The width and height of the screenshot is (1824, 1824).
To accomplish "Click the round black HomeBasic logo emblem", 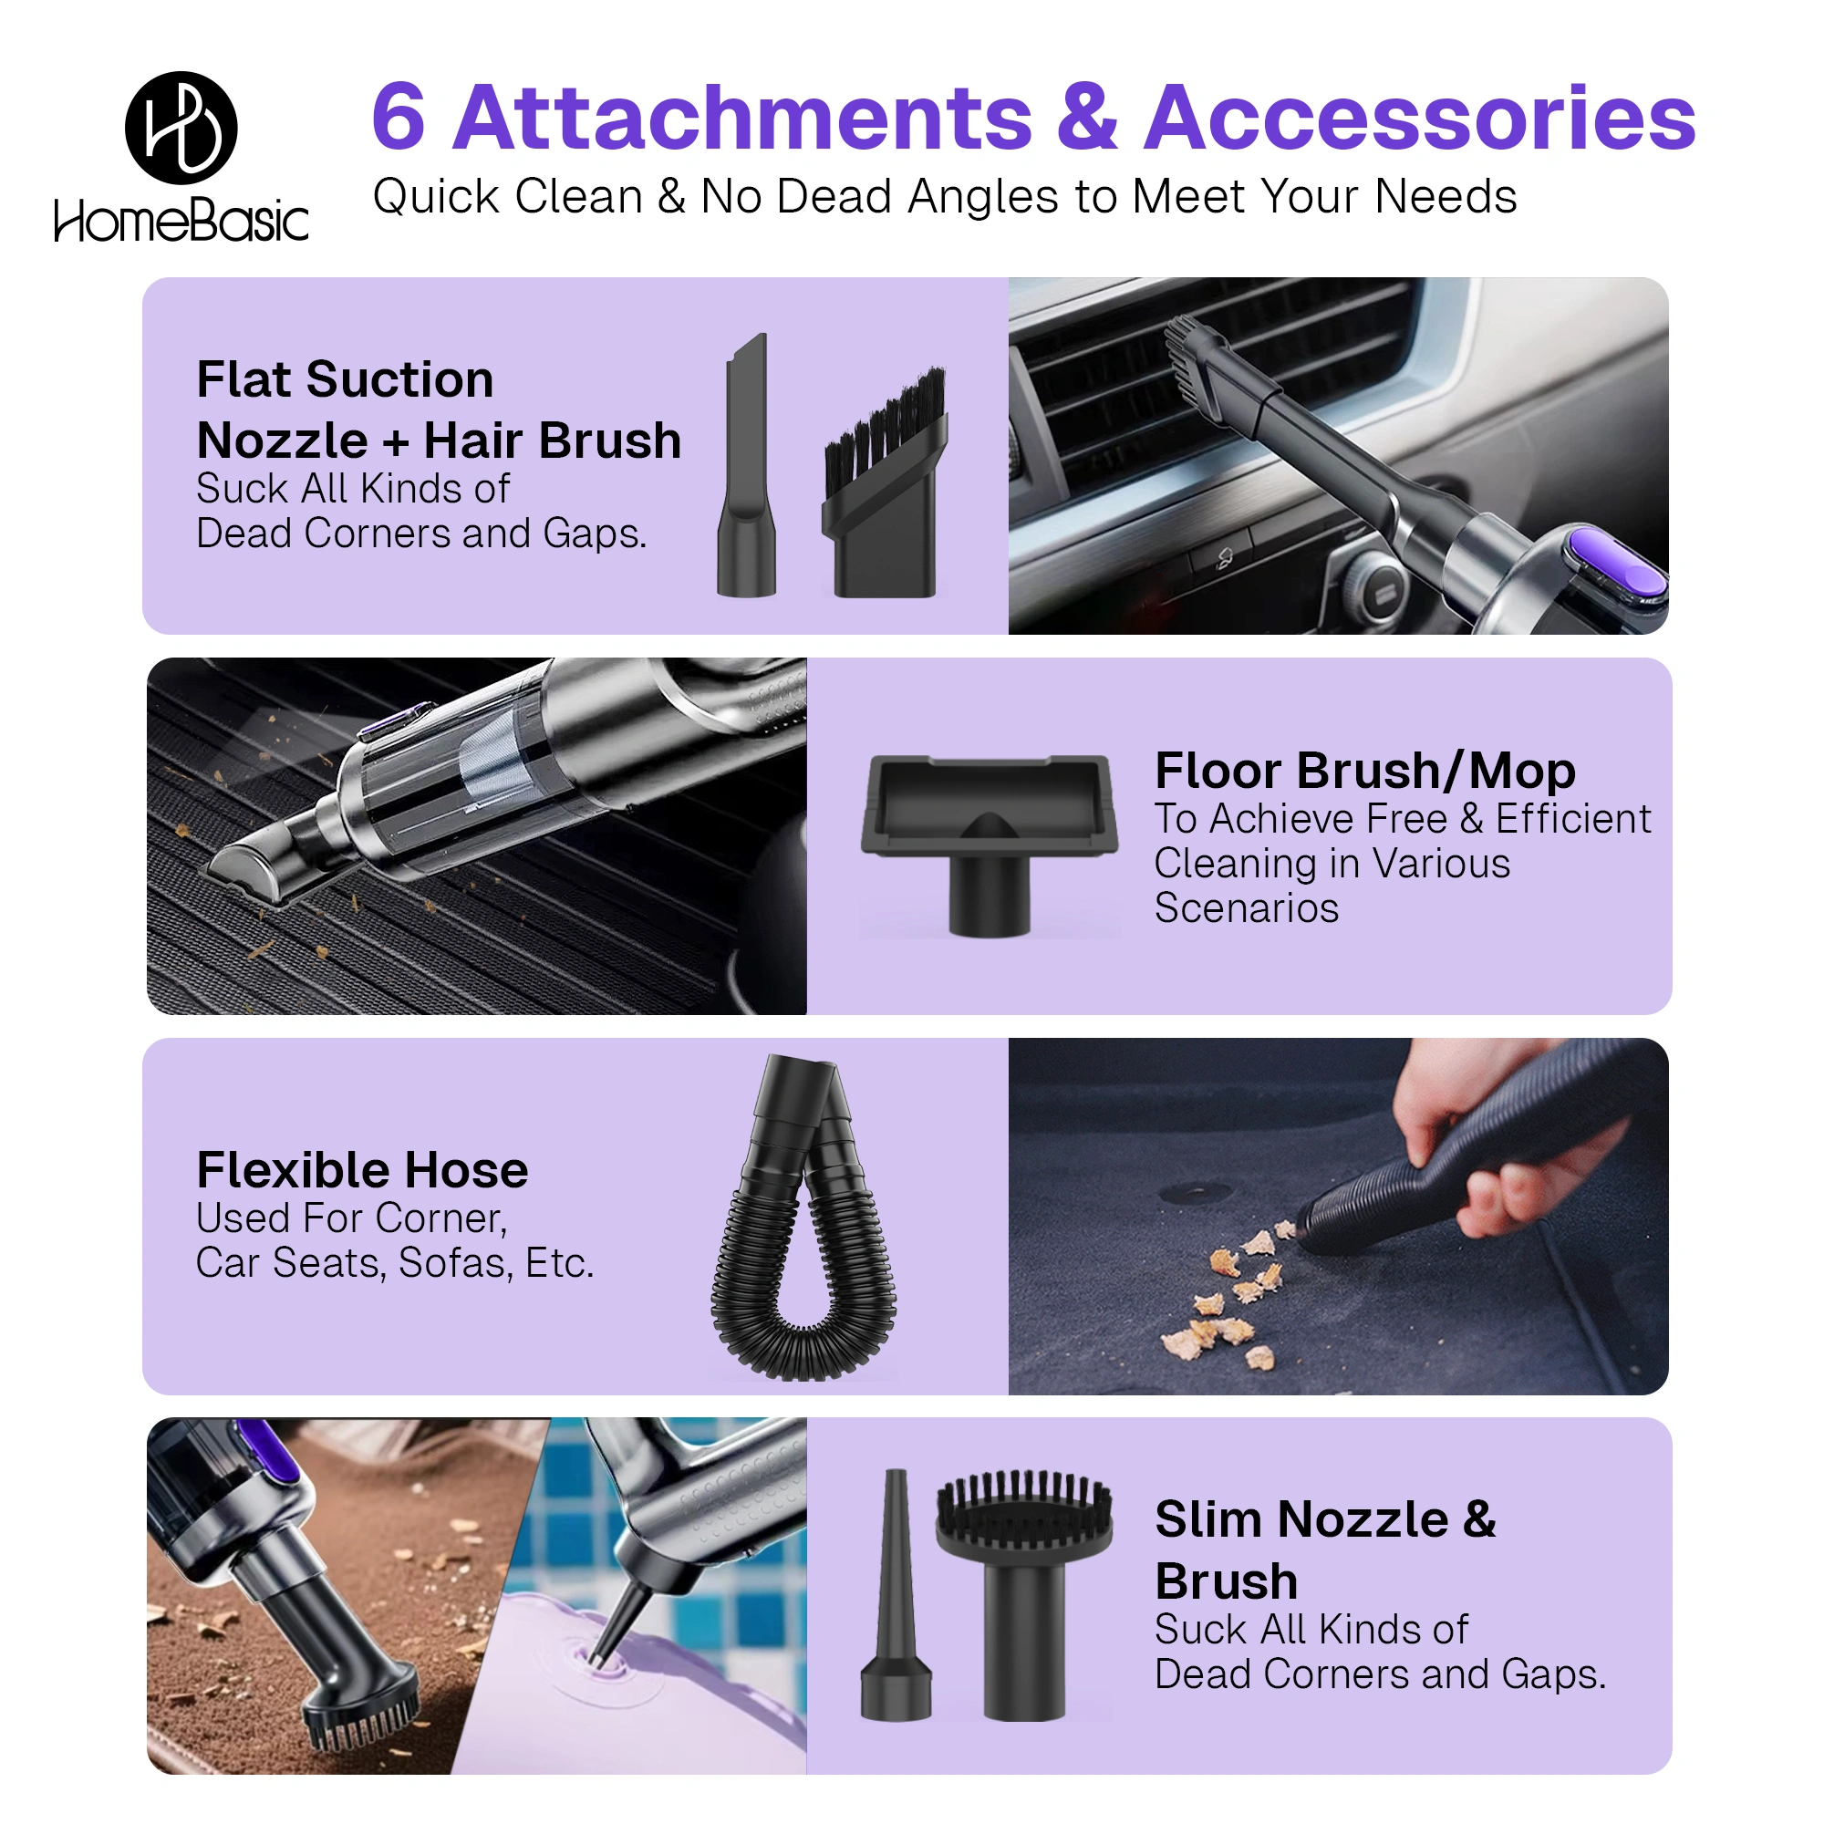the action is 181,128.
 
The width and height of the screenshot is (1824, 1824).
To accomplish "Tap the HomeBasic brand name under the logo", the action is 181,220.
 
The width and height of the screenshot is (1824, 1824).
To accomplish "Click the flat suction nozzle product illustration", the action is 747,464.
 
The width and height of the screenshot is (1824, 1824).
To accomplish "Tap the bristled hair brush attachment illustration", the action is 885,482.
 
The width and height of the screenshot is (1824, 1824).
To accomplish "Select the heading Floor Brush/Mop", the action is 1364,772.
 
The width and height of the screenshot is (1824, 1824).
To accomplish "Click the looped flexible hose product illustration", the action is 803,1217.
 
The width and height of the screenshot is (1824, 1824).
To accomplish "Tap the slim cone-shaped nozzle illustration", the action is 896,1594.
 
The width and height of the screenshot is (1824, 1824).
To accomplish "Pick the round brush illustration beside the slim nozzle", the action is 1024,1594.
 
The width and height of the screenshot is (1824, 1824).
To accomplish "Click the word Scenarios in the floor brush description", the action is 1246,908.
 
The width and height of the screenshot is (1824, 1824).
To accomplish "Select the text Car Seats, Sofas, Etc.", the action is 395,1263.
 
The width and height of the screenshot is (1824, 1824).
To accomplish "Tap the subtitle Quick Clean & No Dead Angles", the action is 944,196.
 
